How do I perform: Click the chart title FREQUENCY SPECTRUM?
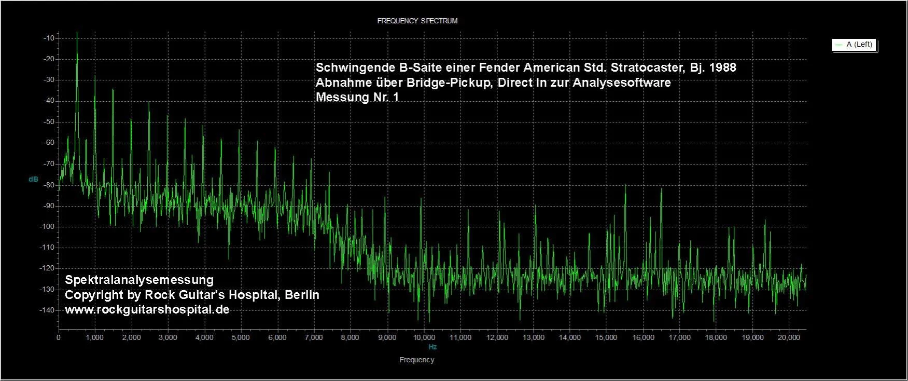click(417, 21)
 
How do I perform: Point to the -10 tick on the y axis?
click(49, 38)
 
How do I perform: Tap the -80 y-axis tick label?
click(49, 185)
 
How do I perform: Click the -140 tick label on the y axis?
click(48, 310)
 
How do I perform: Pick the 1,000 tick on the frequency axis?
click(95, 337)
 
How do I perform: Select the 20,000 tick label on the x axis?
click(789, 337)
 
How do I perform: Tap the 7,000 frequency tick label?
click(314, 337)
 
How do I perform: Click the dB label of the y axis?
click(33, 179)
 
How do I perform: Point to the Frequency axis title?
click(416, 360)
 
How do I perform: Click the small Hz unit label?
click(432, 347)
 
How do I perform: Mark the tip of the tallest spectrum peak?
click(77, 32)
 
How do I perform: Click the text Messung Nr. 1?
click(357, 97)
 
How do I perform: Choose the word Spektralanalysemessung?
click(139, 280)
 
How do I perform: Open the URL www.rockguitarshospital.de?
click(147, 309)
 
